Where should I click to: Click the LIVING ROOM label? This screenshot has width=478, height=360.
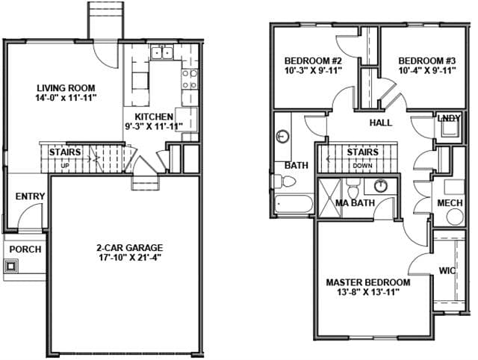(66, 88)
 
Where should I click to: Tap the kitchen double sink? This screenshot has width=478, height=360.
(162, 52)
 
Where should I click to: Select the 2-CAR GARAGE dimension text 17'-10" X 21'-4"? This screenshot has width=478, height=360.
(130, 257)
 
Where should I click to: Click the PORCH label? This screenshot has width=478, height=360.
(25, 249)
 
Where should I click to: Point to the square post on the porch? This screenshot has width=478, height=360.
(11, 266)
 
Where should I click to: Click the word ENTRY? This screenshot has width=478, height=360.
(30, 196)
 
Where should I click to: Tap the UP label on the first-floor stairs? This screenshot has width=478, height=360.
(65, 166)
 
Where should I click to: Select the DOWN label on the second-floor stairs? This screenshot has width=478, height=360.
(362, 166)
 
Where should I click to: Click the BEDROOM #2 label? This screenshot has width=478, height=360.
(313, 60)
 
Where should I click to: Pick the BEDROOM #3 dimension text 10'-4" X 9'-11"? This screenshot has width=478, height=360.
(427, 70)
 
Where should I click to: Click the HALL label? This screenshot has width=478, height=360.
(381, 122)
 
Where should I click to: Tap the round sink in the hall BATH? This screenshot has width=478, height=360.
(282, 136)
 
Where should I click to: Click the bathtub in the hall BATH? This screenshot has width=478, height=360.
(294, 204)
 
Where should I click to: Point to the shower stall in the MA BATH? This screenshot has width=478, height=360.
(329, 198)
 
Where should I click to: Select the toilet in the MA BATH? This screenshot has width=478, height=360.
(353, 188)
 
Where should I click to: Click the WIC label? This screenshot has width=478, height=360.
(447, 270)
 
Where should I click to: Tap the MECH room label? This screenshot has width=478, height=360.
(450, 203)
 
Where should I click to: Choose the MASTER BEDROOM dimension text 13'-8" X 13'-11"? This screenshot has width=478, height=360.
(368, 292)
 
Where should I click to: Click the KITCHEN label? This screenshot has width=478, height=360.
(154, 117)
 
